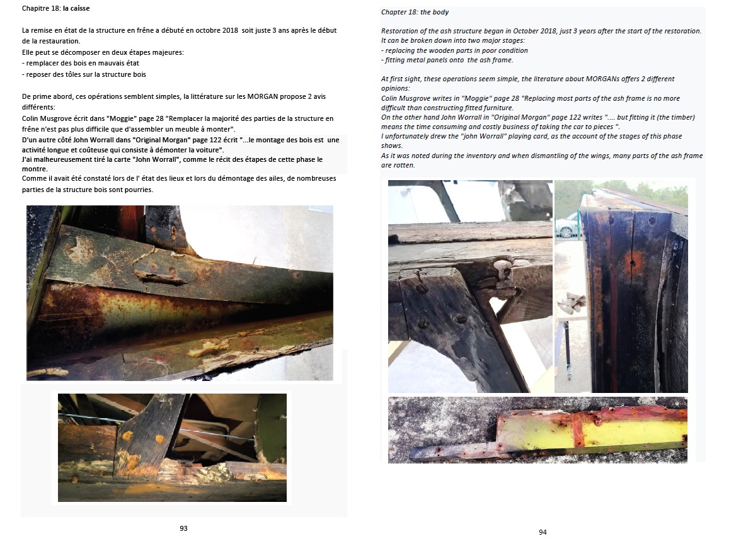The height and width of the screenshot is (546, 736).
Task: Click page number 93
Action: [x=183, y=528]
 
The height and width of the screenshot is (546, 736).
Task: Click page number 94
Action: [x=543, y=532]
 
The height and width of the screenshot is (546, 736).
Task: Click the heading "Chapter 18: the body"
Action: [x=415, y=13]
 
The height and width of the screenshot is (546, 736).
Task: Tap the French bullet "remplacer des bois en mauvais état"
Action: [x=82, y=63]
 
